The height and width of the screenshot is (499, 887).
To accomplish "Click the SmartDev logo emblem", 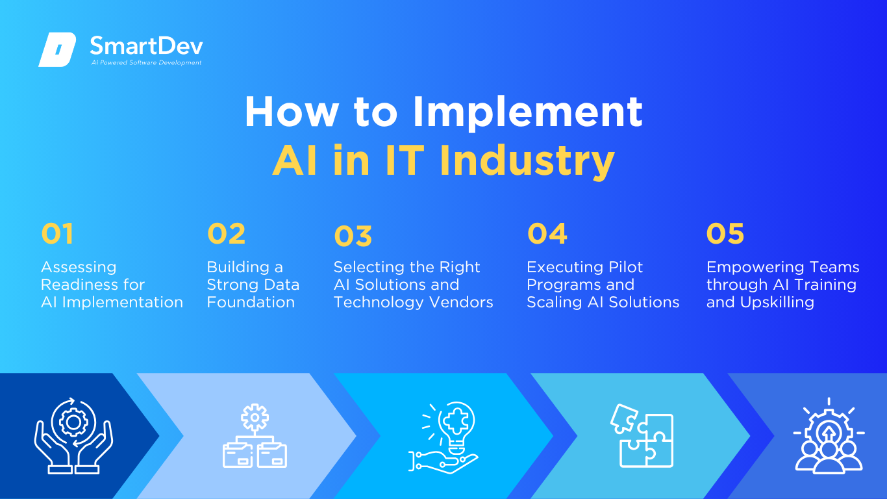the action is coord(57,49).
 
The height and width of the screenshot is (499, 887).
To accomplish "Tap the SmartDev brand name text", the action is coord(147,46).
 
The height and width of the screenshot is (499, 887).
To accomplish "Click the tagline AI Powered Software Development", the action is coord(147,62).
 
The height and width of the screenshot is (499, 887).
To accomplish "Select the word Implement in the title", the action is coord(528,112).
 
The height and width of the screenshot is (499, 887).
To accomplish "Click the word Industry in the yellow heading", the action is coord(527,161).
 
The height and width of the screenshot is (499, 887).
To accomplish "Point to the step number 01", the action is coord(57,233).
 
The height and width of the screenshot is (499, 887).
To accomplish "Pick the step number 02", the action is coord(227,233).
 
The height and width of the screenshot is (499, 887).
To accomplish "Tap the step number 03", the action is coord(353,237).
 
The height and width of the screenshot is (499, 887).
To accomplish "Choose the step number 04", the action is coord(547,233).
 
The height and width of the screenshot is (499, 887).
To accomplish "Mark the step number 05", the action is coord(725,233).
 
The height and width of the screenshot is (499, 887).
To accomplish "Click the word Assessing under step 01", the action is coord(79,268).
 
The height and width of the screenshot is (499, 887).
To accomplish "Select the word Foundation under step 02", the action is coord(251,302).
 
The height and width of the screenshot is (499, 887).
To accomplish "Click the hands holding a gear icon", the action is coord(73,435).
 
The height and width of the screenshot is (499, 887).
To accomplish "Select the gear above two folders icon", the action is coord(255,435).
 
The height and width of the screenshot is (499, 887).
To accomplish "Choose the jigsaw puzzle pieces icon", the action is coord(642,435).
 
